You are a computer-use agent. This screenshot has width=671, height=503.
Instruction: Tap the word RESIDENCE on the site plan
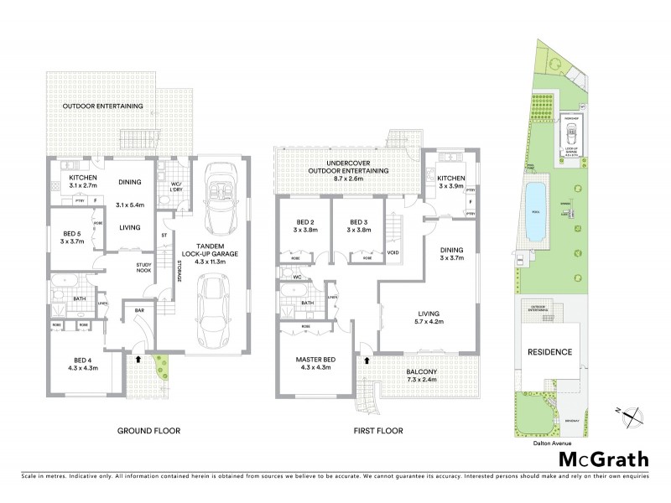(x=549, y=352)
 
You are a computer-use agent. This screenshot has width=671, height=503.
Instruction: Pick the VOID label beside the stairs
(x=393, y=252)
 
